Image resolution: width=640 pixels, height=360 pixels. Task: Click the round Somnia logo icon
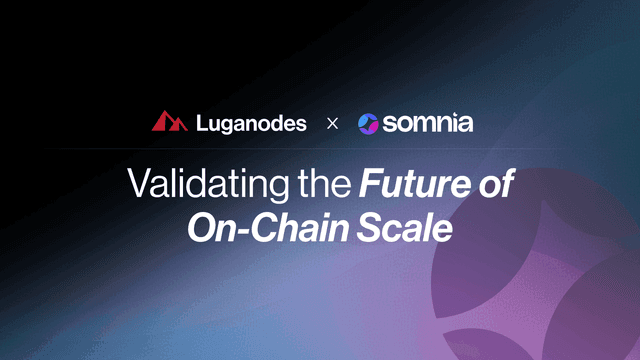tap(368, 123)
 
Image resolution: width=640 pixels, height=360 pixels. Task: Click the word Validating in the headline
tap(206, 185)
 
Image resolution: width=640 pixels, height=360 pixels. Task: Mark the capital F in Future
tap(370, 185)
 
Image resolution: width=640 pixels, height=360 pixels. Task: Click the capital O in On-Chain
tap(204, 228)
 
